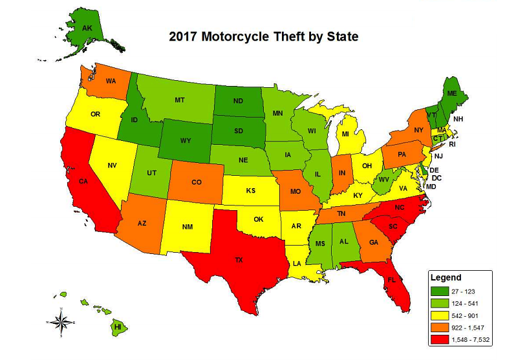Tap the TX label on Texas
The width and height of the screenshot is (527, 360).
click(239, 260)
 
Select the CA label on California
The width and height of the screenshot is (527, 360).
click(83, 182)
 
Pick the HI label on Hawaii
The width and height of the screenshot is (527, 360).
click(117, 327)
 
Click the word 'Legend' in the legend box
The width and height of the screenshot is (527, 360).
click(446, 277)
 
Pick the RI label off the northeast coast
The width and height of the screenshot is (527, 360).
click(453, 144)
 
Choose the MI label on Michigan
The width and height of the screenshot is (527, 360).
click(345, 134)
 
